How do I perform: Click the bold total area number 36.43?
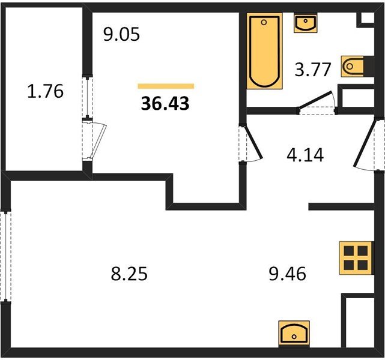[165, 103]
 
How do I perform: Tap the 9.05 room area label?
[121, 34]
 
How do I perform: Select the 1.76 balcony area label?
[45, 91]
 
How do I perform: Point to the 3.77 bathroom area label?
[313, 70]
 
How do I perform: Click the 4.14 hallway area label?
[305, 155]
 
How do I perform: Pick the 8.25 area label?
[129, 274]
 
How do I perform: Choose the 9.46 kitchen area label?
[288, 274]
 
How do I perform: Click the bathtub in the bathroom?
[264, 51]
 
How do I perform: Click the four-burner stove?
[356, 258]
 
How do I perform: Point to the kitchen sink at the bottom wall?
[294, 334]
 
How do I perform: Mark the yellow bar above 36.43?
[166, 86]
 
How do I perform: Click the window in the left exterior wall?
[5, 256]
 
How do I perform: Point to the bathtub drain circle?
[264, 23]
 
